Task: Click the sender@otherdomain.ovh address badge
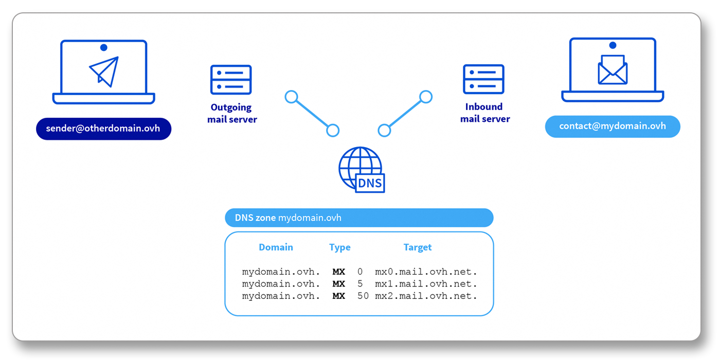[x=103, y=129]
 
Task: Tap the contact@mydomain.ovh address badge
[x=613, y=127]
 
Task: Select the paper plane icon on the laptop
[x=104, y=71]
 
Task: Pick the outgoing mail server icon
[x=231, y=80]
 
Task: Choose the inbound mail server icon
[x=483, y=79]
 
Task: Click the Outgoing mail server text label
[x=232, y=114]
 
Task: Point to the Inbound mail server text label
[x=484, y=113]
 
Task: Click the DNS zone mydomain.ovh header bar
[x=359, y=218]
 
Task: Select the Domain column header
[x=276, y=247]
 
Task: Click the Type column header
[x=339, y=247]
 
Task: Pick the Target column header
[x=417, y=247]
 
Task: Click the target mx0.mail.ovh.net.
[x=426, y=272]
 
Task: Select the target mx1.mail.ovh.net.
[x=426, y=284]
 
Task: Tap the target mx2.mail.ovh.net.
[x=426, y=296]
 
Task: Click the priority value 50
[x=363, y=296]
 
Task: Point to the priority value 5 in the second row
[x=360, y=284]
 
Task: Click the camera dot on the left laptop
[x=104, y=47]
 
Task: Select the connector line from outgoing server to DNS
[x=312, y=114]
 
